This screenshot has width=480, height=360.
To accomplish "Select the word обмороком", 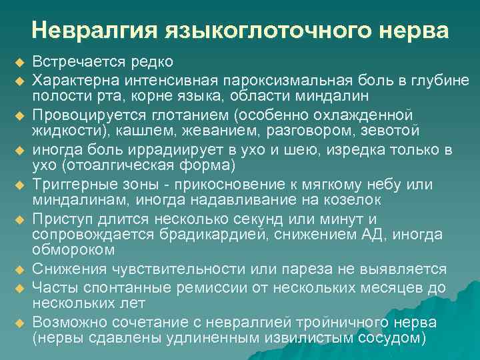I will click(x=74, y=249).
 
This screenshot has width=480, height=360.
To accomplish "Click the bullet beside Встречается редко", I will click(x=19, y=62).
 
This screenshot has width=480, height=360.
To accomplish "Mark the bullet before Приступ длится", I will click(x=19, y=219).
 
